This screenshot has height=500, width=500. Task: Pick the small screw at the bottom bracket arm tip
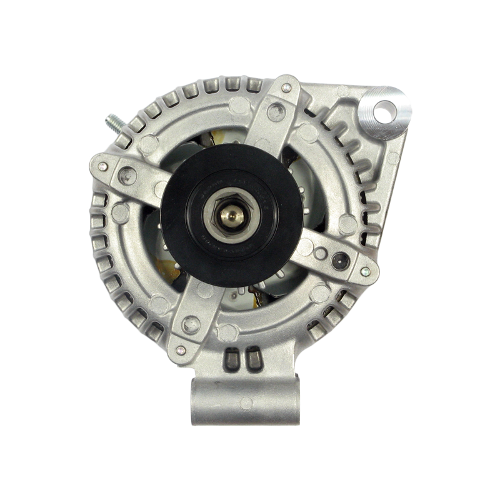point(181,349)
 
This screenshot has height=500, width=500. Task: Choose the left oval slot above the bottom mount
point(233,360)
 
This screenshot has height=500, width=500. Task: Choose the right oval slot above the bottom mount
point(251,360)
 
